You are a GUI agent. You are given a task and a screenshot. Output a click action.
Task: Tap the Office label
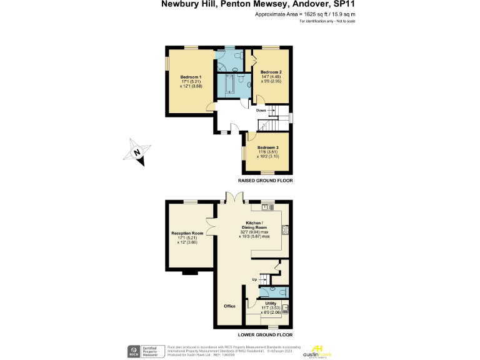229,306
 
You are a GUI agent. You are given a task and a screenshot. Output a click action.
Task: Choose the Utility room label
271,303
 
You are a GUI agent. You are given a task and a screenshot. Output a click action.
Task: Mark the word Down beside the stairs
261,111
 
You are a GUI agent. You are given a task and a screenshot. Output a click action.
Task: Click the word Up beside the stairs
254,279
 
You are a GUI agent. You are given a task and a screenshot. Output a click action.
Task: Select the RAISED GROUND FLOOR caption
265,180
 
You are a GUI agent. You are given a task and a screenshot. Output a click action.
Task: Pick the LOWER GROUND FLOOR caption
265,334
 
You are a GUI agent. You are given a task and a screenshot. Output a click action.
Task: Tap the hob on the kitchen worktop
285,229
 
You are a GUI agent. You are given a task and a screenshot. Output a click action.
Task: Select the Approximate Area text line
301,13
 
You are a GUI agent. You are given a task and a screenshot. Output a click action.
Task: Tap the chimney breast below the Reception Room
189,272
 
